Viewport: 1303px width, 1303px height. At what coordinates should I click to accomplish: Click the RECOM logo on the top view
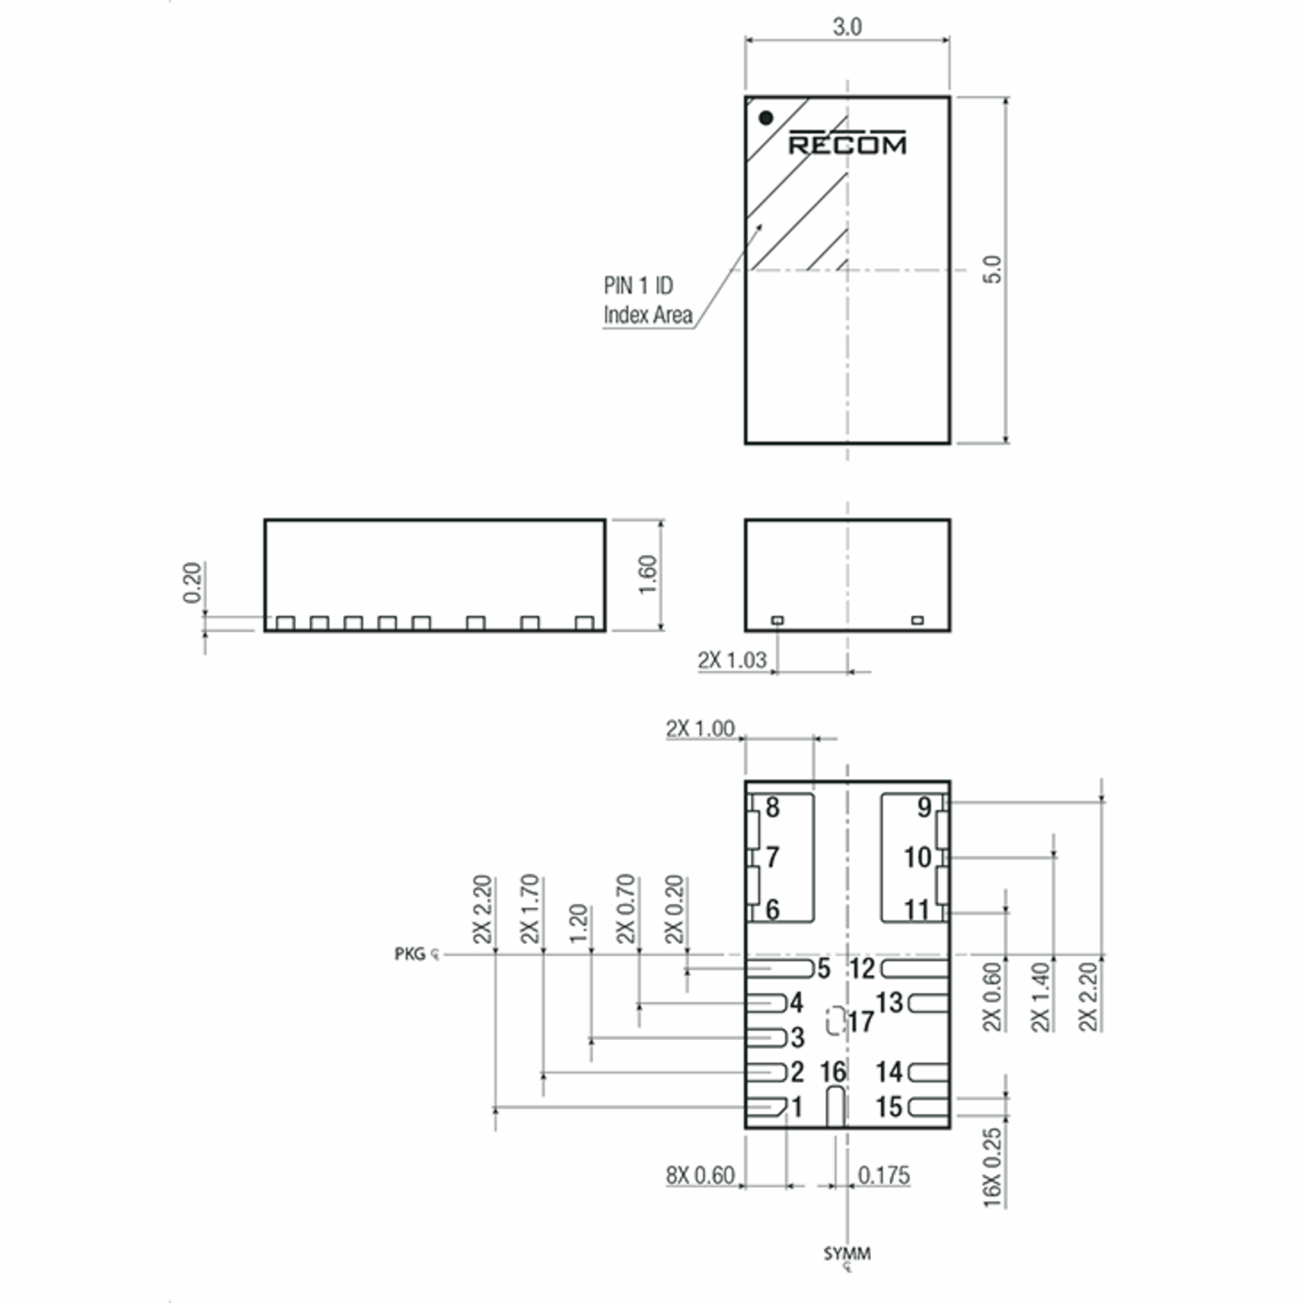pos(847,143)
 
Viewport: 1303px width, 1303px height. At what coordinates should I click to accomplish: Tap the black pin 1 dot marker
pos(765,118)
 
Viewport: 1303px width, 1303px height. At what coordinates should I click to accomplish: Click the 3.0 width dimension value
pos(847,27)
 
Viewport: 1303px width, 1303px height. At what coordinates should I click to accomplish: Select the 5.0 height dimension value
pos(993,270)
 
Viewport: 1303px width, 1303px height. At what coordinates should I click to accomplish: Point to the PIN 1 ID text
pos(638,286)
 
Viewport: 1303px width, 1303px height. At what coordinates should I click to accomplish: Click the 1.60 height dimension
pos(648,574)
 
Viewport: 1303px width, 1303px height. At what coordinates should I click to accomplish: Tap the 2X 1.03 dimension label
pos(732,660)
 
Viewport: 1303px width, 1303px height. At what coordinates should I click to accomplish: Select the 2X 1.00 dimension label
pos(700,729)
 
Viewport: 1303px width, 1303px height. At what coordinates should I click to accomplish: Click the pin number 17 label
pos(861,1022)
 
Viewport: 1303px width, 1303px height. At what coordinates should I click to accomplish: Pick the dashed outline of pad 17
pos(836,1021)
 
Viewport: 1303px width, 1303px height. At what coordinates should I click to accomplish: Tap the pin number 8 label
pos(772,807)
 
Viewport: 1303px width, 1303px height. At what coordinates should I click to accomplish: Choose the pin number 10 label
pos(917,858)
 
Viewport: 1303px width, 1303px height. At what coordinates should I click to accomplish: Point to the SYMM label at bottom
pos(847,1254)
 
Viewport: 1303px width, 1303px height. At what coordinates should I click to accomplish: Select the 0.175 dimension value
pos(883,1175)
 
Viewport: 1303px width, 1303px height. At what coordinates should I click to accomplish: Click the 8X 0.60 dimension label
pos(700,1175)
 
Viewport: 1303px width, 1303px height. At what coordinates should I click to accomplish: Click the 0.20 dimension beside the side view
pos(192,582)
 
